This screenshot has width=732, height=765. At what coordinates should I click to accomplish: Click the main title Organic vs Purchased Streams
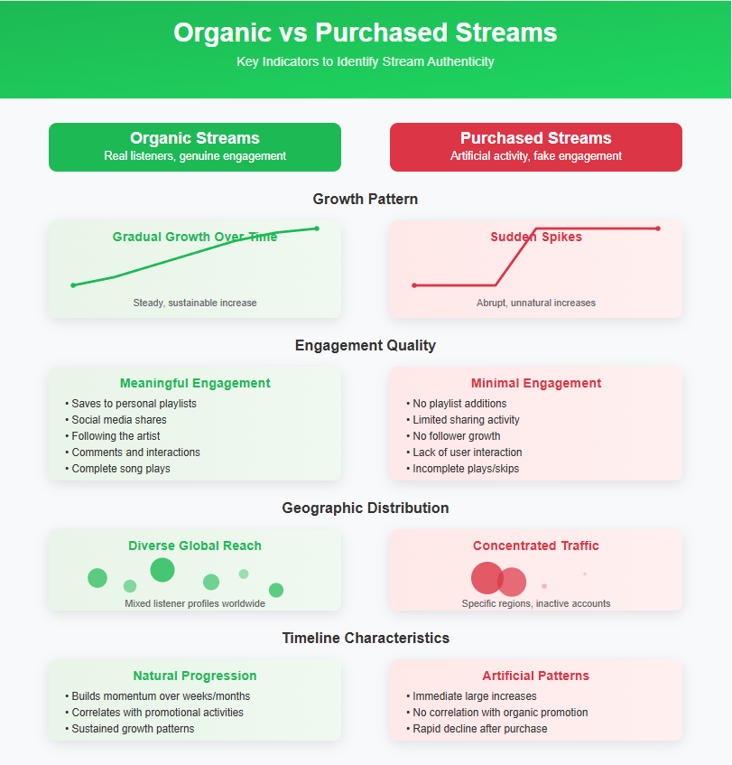coord(366,33)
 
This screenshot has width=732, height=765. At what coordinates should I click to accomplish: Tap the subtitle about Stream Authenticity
coord(366,61)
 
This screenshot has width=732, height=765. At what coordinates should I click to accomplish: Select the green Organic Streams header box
coord(195,146)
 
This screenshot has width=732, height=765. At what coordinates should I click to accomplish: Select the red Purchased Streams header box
coord(536,146)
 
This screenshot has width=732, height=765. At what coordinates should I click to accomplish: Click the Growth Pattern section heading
coord(366,199)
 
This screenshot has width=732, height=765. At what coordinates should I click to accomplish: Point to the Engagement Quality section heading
coord(366,345)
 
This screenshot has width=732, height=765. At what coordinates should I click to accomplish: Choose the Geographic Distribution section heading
coord(366,508)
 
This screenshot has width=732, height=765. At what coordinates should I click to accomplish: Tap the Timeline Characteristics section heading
coord(366,638)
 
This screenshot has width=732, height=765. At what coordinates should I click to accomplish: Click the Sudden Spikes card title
coord(536,237)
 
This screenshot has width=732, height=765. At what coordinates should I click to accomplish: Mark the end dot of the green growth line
coord(317,229)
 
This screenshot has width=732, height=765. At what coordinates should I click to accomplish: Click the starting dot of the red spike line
coord(414,285)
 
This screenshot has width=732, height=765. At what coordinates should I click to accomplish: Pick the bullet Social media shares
coord(119,420)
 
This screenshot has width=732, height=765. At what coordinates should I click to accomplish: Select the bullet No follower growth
coord(457,436)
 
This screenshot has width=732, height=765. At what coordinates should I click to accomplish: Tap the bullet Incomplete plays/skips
coord(466,469)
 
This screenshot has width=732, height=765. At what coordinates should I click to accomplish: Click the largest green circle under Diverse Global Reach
coord(162,570)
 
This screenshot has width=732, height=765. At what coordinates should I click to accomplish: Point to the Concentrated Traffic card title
coord(536,546)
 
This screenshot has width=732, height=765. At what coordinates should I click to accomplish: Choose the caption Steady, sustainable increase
coord(195,303)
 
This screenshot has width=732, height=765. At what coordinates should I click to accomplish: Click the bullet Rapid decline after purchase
coord(479,729)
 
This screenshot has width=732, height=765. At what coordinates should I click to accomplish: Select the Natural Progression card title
coord(195,676)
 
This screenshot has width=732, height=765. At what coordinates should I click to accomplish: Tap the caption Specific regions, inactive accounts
coord(536,603)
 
